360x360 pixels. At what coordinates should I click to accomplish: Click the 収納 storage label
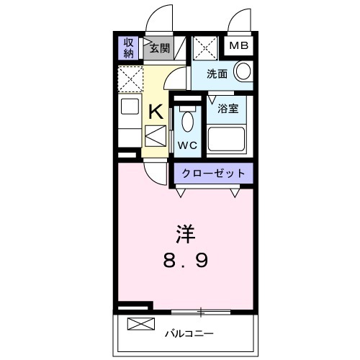pos(128,48)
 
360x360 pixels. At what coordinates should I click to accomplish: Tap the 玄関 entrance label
pos(160,48)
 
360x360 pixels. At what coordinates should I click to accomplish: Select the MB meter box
pos(238,45)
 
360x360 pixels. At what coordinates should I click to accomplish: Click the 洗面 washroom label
pos(217,74)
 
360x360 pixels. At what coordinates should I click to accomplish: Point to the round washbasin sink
pos(243,71)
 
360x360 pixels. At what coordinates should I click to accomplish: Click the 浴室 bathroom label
pos(228,109)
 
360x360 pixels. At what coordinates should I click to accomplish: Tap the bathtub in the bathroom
pos(226,139)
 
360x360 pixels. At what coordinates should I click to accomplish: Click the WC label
pos(187,145)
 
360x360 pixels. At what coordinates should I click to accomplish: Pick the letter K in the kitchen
pos(156,112)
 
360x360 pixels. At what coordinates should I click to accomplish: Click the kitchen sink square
pos(130,106)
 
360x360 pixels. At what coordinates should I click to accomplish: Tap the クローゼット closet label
pos(214,173)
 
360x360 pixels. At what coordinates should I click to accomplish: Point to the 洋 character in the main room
pos(186,234)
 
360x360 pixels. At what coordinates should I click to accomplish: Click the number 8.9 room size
pos(186,261)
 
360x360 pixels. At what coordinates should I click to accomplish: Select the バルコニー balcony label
pos(189,333)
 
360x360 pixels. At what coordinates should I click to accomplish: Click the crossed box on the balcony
pos(141,324)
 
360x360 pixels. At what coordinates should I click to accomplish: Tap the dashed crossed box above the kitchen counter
pos(130,79)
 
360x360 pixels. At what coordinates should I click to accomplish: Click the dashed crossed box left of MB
pos(205,48)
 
